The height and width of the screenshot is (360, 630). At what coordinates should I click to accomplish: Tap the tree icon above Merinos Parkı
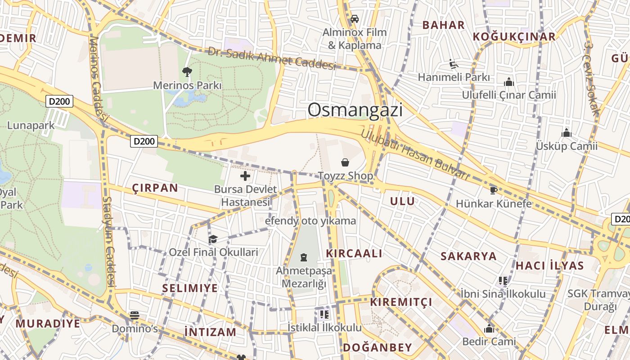click(x=187, y=72)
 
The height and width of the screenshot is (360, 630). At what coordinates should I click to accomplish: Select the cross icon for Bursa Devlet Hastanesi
click(x=245, y=175)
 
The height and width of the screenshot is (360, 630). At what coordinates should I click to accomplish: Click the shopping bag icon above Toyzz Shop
click(x=345, y=162)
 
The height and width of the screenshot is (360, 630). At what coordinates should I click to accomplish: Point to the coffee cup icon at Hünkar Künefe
click(x=494, y=190)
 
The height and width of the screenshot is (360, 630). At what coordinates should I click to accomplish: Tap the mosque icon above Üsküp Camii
click(x=567, y=133)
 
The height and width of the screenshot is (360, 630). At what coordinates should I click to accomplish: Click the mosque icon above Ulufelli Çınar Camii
click(x=509, y=82)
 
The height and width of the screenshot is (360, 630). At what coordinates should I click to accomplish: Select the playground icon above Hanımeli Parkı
click(x=454, y=64)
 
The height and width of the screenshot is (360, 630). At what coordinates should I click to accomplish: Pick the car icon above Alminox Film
click(x=355, y=19)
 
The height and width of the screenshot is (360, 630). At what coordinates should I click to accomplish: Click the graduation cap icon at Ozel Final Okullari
click(x=213, y=239)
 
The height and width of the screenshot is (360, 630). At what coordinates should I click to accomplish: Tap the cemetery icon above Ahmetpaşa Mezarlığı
click(x=304, y=258)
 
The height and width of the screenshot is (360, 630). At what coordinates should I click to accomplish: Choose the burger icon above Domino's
click(x=135, y=315)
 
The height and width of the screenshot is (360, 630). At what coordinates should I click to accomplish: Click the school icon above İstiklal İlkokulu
click(x=324, y=314)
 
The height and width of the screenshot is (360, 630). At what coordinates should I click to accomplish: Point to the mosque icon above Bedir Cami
click(x=489, y=329)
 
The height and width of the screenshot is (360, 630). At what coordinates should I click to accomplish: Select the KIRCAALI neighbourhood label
click(x=354, y=253)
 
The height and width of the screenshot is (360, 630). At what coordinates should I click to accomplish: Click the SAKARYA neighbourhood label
click(x=468, y=256)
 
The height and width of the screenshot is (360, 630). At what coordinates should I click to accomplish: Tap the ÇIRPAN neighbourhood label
click(x=155, y=188)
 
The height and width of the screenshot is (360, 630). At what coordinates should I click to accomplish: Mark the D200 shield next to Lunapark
click(x=59, y=101)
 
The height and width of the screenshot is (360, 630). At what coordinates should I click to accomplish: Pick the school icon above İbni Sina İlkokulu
click(x=503, y=281)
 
